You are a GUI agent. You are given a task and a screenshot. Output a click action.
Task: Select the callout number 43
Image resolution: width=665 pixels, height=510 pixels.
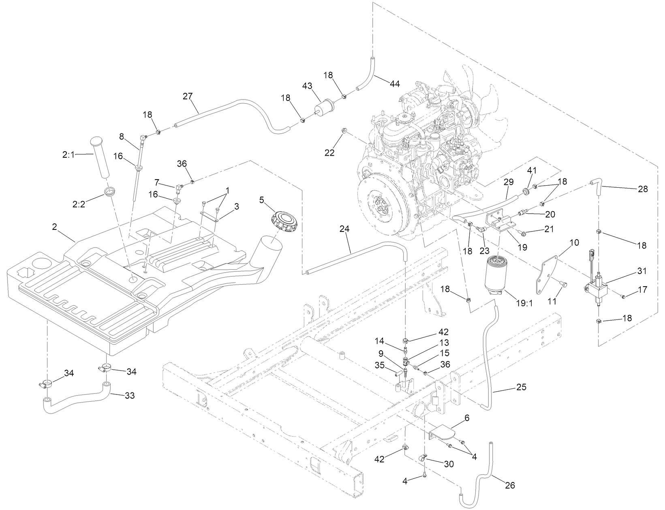308,86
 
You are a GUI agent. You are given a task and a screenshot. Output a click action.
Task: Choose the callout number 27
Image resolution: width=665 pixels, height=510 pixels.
188,96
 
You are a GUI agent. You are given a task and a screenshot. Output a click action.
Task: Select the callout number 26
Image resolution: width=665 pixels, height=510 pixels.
510,485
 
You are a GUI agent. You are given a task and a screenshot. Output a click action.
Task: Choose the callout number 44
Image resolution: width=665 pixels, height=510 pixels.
394,84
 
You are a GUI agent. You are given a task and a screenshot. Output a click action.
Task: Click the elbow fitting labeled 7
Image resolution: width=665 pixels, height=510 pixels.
178,188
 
